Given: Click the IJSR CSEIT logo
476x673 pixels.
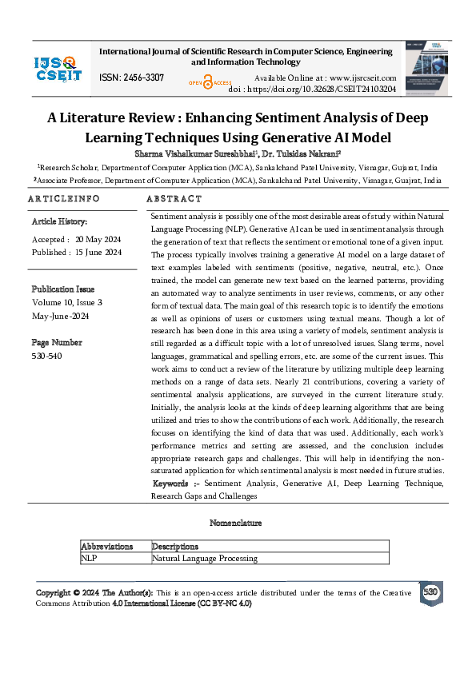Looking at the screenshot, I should pyautogui.click(x=55, y=68).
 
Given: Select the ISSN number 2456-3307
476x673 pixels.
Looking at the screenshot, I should pyautogui.click(x=131, y=77).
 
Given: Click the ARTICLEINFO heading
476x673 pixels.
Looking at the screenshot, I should pyautogui.click(x=64, y=198).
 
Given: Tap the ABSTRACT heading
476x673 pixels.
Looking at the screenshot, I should pyautogui.click(x=175, y=198).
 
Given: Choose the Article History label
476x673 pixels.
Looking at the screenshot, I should pyautogui.click(x=59, y=221).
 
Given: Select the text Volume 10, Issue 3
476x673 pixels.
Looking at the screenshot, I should pyautogui.click(x=67, y=302).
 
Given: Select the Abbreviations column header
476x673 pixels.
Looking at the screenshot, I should pyautogui.click(x=106, y=547).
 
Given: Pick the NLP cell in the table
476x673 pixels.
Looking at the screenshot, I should pyautogui.click(x=89, y=558).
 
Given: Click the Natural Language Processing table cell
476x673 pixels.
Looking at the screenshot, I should pyautogui.click(x=205, y=558).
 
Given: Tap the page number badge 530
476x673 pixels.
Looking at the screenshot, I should pyautogui.click(x=430, y=592).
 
